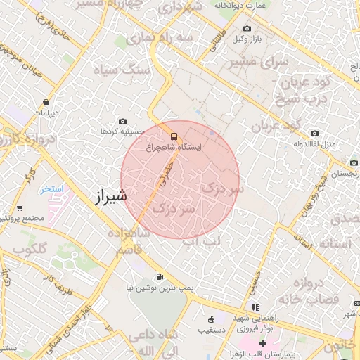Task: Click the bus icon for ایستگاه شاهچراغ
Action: (174, 136)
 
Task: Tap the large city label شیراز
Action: (110, 196)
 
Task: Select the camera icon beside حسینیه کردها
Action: (124, 121)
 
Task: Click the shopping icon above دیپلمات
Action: (46, 101)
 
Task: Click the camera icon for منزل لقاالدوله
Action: (314, 134)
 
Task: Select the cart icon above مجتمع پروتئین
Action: (20, 207)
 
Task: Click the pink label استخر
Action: (53, 189)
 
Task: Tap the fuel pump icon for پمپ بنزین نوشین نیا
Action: (161, 276)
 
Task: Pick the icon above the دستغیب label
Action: (210, 319)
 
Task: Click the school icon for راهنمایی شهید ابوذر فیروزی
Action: (255, 307)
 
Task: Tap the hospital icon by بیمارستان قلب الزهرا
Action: (262, 342)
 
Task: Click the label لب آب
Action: (202, 242)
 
